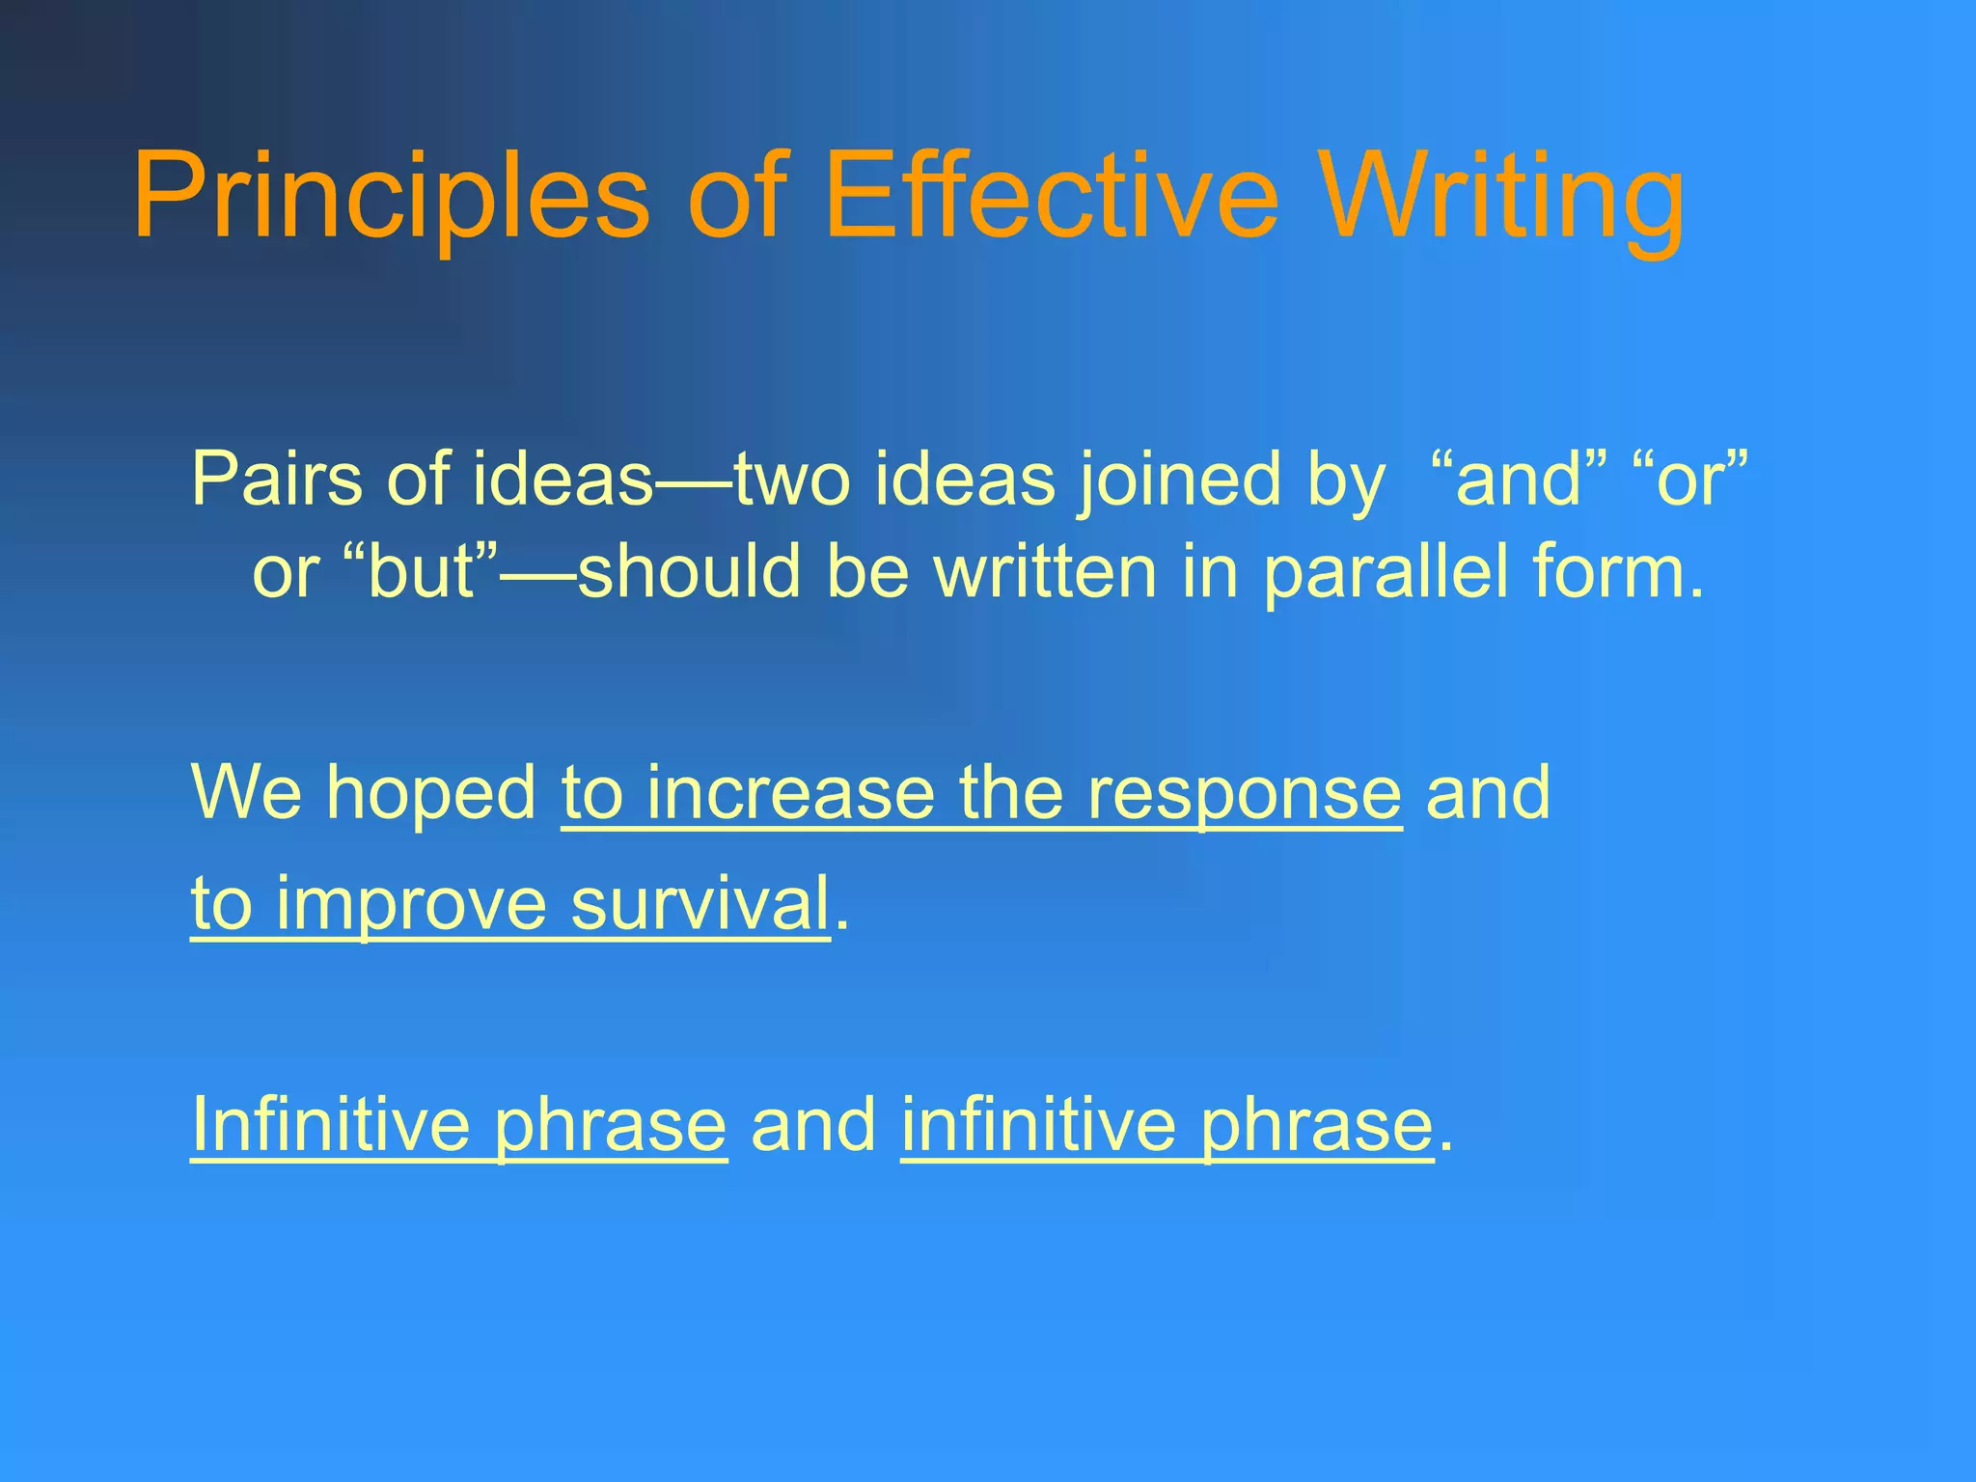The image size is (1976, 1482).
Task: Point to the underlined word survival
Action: pyautogui.click(x=700, y=903)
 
